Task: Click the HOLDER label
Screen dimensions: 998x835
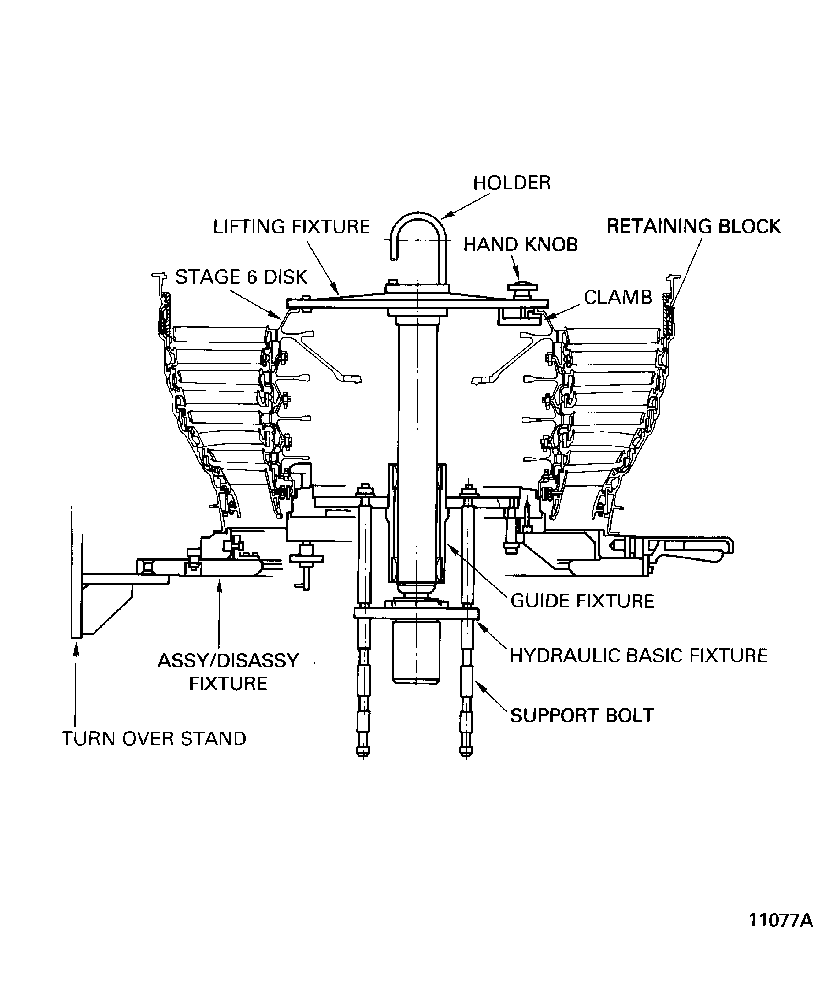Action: (512, 183)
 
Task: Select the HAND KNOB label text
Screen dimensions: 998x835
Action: (520, 245)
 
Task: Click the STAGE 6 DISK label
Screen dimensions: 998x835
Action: (241, 277)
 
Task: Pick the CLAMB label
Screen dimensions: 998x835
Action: (618, 298)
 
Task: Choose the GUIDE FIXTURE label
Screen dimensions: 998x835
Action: (582, 601)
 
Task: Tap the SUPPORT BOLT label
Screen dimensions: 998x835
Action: (582, 715)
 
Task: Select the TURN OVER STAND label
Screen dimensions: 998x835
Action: (154, 739)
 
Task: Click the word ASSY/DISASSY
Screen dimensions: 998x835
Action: (228, 661)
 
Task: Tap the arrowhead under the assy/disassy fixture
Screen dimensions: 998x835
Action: (219, 584)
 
